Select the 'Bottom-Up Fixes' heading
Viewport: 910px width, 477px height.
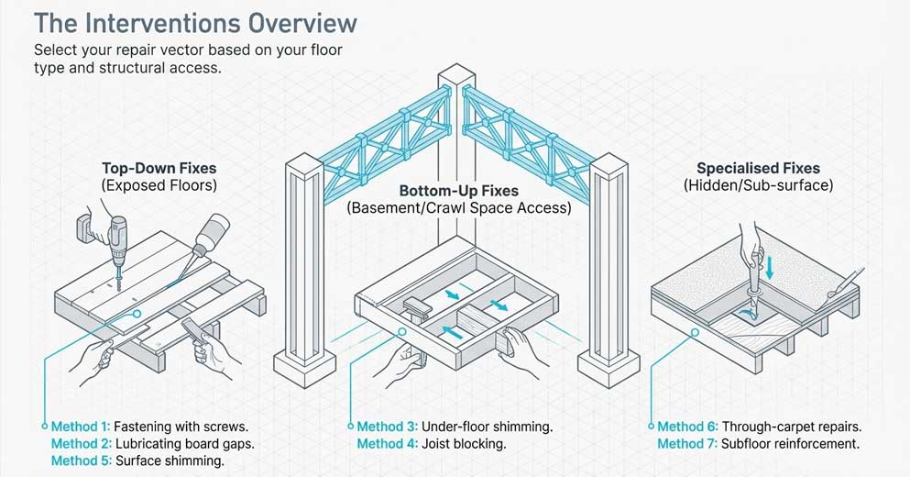click(x=457, y=192)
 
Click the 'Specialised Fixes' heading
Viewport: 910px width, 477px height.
click(x=759, y=168)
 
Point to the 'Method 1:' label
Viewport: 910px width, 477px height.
click(x=81, y=427)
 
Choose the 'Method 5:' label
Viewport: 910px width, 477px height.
click(x=81, y=460)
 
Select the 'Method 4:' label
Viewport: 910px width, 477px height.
click(x=387, y=444)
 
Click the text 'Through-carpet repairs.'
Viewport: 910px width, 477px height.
click(x=792, y=427)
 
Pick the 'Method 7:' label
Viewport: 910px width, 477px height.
click(x=687, y=444)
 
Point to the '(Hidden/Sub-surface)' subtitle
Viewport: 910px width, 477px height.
click(x=759, y=185)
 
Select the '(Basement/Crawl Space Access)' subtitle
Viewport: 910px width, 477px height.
click(x=458, y=209)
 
